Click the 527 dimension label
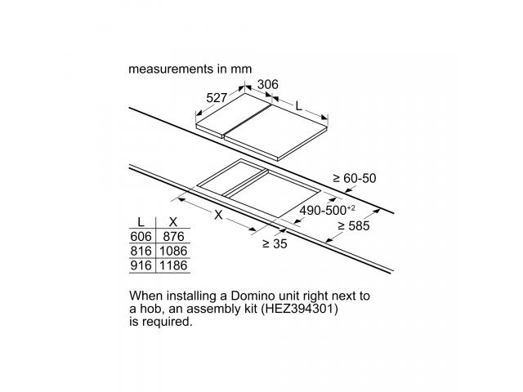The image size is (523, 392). [217, 98]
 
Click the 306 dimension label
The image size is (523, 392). [268, 84]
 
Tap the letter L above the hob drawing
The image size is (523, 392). [299, 106]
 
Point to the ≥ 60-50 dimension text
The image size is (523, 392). [355, 178]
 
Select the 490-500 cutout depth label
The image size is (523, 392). [327, 211]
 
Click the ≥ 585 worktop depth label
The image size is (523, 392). [354, 226]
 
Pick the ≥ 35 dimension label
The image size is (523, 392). [275, 244]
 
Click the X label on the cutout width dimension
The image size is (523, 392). [218, 215]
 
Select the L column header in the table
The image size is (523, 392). [141, 221]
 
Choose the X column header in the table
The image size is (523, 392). [173, 221]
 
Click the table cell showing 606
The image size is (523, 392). [141, 236]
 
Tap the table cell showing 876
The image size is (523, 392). [173, 236]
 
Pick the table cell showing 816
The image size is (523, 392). [141, 251]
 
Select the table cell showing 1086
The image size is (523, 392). [173, 251]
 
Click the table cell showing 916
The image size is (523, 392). [141, 265]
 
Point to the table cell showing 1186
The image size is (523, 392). [173, 265]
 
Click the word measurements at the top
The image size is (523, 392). [171, 69]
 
